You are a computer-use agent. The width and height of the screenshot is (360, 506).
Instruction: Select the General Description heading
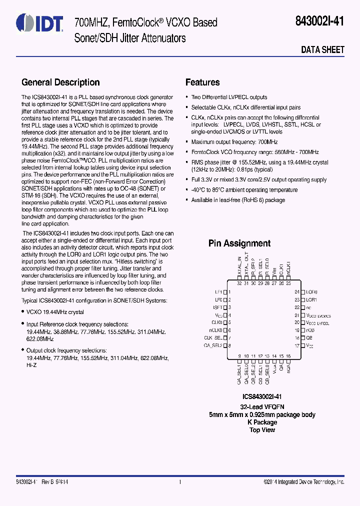point(60,82)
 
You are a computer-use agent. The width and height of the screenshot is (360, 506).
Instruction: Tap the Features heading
point(202,82)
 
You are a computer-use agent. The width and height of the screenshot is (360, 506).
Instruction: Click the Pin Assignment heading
point(239,243)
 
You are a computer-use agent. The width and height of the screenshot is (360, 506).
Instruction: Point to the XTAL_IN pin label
point(239,268)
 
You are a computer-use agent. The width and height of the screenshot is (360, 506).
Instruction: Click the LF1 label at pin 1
point(218,291)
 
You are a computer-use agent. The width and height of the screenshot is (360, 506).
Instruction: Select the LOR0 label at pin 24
point(311,291)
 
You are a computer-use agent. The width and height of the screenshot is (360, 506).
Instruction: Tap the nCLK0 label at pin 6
point(216,330)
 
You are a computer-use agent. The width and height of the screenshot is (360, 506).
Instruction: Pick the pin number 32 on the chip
point(239,283)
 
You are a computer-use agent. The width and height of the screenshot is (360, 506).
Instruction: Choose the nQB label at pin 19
point(310,330)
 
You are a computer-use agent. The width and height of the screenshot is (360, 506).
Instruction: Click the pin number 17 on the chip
point(296,345)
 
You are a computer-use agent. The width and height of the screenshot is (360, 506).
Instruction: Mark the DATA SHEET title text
point(322,49)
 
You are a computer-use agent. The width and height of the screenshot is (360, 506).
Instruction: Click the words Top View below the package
point(262,429)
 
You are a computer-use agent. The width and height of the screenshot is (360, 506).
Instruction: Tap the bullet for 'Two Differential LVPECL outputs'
point(186,97)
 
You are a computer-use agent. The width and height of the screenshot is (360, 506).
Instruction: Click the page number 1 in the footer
point(179,482)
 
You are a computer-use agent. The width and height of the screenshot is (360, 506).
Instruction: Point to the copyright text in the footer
point(304,482)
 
